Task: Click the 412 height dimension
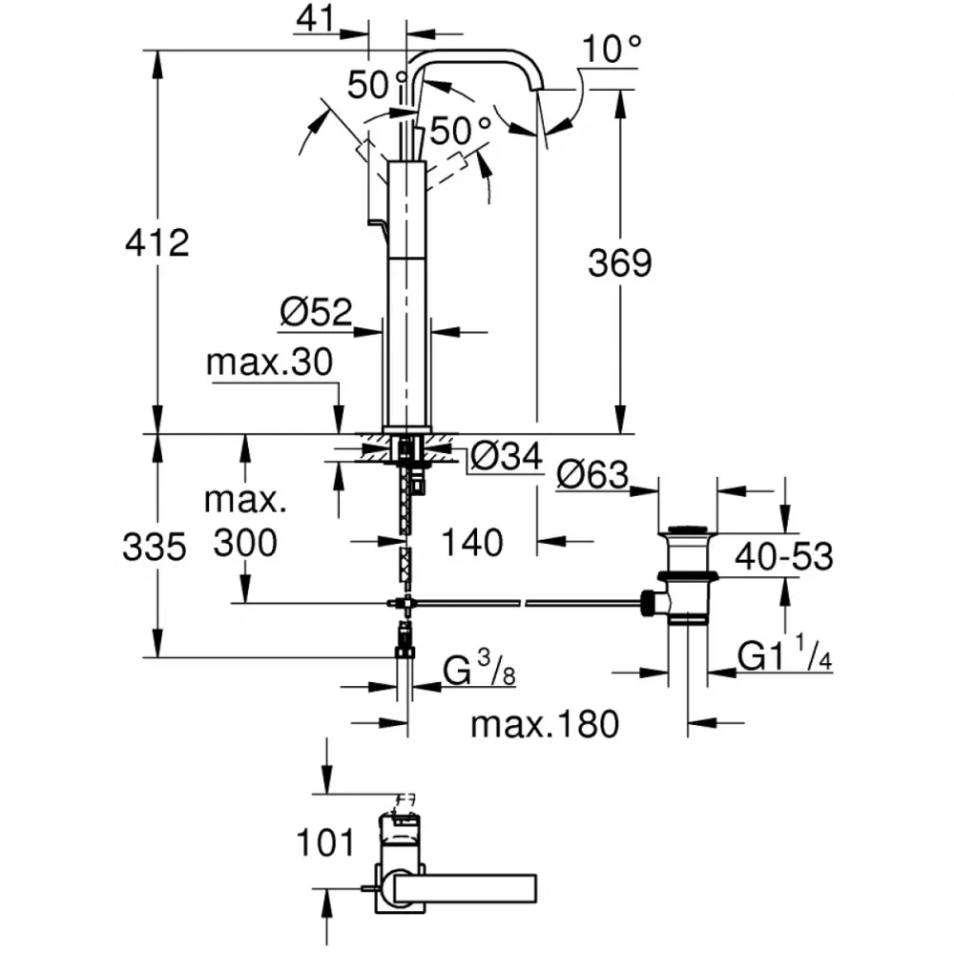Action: tap(157, 242)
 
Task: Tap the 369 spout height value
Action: tap(619, 263)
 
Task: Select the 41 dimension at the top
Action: tap(315, 18)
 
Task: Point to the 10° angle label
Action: tap(612, 49)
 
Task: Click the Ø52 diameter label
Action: tap(316, 312)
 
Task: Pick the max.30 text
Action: tap(270, 362)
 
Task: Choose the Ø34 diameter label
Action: tap(507, 456)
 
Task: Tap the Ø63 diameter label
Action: tap(592, 474)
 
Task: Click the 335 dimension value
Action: tap(154, 547)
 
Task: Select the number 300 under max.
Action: tap(245, 543)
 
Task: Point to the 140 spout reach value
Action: tap(472, 543)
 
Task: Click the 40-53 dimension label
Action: tap(783, 556)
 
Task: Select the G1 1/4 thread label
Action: tap(785, 653)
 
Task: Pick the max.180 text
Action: tap(545, 724)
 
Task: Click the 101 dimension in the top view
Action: tap(325, 842)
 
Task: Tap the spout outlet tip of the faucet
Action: tap(538, 89)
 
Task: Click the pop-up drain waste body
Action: tap(688, 574)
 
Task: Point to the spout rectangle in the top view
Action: tap(466, 888)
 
